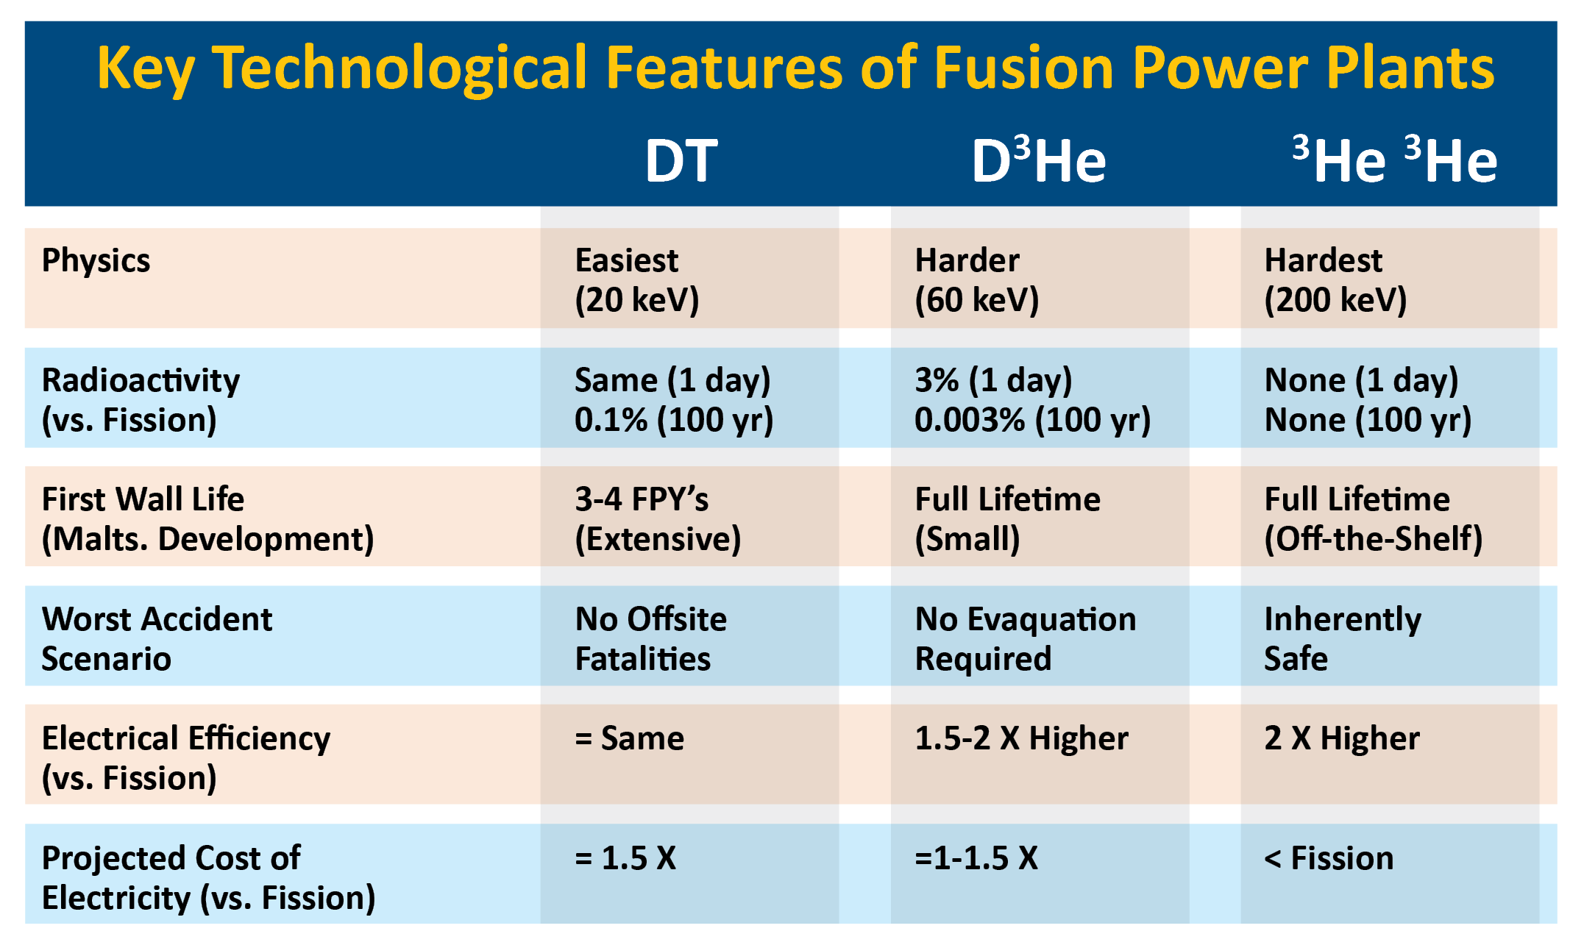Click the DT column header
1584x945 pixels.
pos(681,161)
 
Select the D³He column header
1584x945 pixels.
pos(1039,160)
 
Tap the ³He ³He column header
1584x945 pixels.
pos(1395,159)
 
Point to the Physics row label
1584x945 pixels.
pos(96,261)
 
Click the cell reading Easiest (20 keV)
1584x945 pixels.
pos(637,280)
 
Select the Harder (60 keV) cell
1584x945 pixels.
pos(977,280)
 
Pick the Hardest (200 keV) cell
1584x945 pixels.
pos(1335,280)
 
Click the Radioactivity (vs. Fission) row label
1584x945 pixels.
pos(141,400)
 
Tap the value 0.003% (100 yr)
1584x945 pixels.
pos(1033,421)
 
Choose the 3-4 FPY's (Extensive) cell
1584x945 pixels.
pos(658,519)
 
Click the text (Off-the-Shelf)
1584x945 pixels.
pos(1374,539)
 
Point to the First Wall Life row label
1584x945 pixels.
pos(143,500)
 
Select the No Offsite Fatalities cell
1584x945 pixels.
pos(650,638)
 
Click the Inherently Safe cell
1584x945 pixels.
pos(1343,638)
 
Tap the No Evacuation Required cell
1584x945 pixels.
pos(1026,638)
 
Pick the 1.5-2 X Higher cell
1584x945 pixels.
pos(1021,738)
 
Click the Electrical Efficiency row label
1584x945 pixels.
pos(186,758)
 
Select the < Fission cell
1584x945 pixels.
pos(1329,858)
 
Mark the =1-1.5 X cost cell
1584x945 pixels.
pos(976,858)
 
